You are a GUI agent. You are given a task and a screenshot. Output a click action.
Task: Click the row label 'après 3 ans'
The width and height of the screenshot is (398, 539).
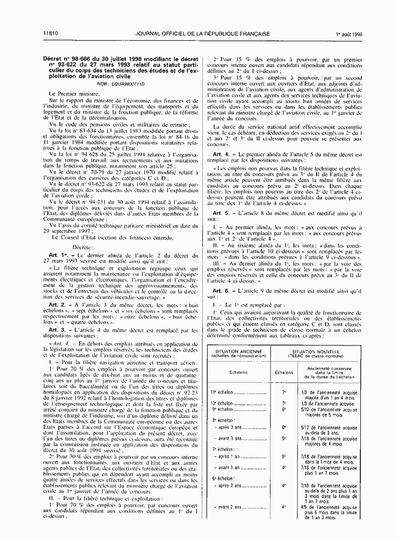227,430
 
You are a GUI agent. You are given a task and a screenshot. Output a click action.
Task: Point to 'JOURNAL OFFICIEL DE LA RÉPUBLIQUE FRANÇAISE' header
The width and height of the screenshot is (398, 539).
202,34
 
